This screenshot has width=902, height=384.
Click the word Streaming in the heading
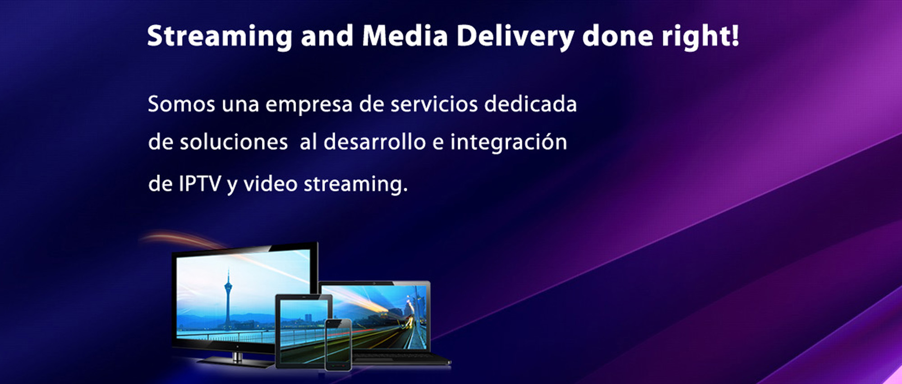(x=220, y=37)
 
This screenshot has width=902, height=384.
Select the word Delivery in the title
(x=515, y=37)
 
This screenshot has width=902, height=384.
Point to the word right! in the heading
(x=700, y=37)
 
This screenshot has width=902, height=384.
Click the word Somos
(x=181, y=104)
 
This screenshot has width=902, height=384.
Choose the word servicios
(x=434, y=104)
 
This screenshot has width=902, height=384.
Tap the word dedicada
(x=530, y=104)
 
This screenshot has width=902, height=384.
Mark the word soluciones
(x=234, y=142)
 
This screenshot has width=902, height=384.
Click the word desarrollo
(x=374, y=142)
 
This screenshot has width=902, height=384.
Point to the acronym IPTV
(x=200, y=184)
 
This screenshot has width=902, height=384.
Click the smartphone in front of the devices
(x=338, y=345)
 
